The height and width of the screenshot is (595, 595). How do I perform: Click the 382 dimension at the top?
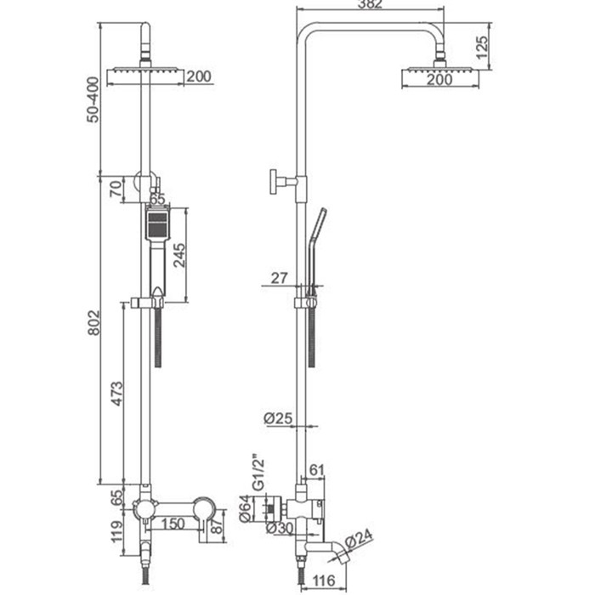tap(370, 3)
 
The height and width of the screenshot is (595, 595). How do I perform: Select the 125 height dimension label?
tap(482, 48)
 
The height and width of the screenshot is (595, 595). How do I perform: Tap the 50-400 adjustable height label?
tap(93, 99)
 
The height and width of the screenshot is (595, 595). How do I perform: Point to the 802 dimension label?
tap(93, 323)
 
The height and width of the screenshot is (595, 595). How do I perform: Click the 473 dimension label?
tap(117, 394)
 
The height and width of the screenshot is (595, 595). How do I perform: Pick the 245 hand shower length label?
tap(179, 255)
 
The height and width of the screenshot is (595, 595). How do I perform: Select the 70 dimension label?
tap(116, 189)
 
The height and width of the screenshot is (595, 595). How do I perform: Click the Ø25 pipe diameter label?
tap(278, 418)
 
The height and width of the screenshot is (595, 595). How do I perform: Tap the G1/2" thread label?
tap(258, 475)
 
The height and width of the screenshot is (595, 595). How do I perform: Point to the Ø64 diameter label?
tap(246, 509)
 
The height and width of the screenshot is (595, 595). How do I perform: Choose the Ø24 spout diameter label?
tap(359, 538)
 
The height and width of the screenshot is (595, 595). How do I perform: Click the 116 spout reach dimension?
tap(325, 581)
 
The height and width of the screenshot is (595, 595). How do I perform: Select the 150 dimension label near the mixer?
tap(173, 524)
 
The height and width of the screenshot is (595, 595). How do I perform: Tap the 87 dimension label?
tap(217, 526)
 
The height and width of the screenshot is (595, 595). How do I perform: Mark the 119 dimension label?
tap(117, 532)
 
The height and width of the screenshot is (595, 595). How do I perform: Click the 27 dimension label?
tap(280, 278)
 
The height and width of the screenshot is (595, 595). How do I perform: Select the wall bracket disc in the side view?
tap(273, 182)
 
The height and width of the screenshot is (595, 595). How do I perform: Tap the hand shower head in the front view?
tap(157, 224)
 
